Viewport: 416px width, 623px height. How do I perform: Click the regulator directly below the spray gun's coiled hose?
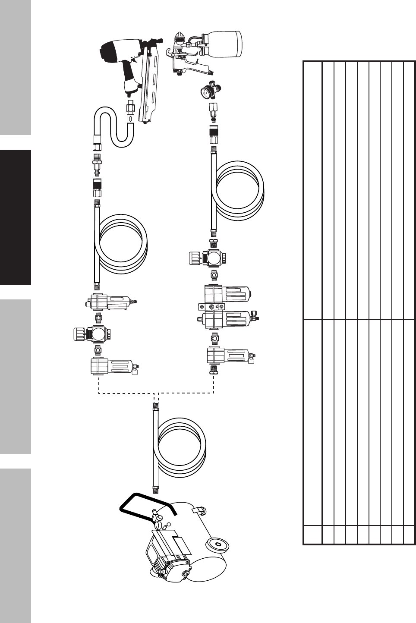(207, 258)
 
